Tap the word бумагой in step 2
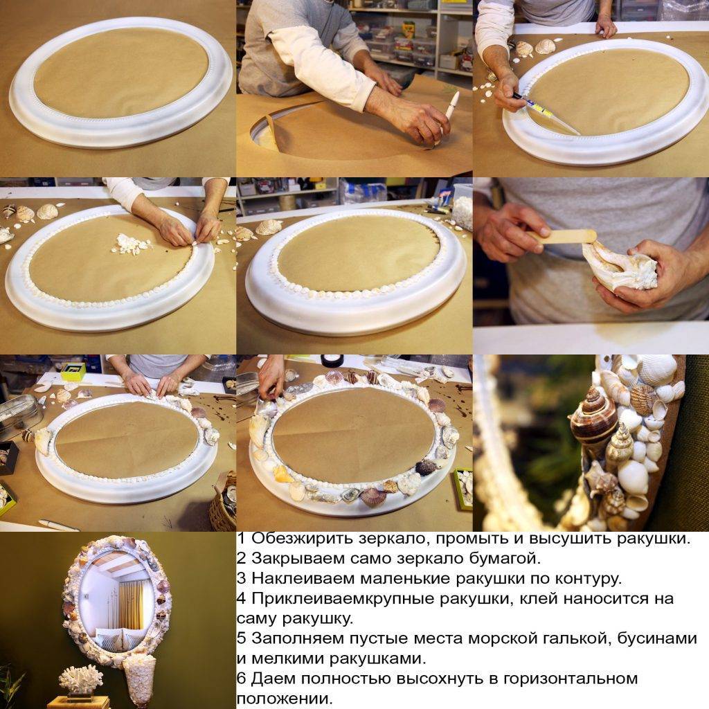[505, 559]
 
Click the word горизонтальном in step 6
[571, 679]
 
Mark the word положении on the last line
[284, 699]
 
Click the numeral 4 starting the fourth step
[241, 598]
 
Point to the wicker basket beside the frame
[223, 503]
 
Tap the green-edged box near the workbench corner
[73, 371]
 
